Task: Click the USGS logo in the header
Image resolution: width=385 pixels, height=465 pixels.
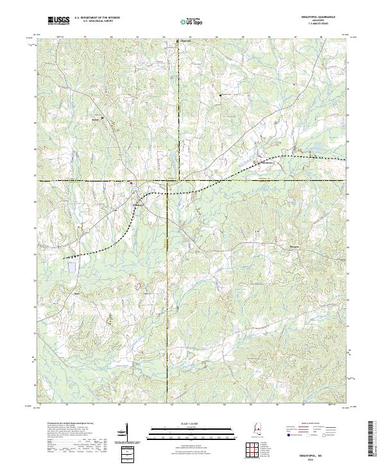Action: click(x=58, y=22)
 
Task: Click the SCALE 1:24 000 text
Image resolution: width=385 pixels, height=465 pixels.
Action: click(x=181, y=423)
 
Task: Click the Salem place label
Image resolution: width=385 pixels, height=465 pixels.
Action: click(x=97, y=120)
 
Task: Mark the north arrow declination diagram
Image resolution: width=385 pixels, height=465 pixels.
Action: click(x=128, y=431)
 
